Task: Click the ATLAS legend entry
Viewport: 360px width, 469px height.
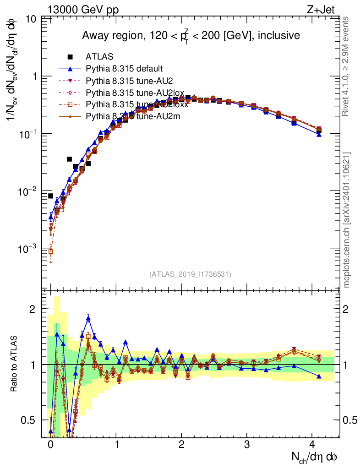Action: pos(96,57)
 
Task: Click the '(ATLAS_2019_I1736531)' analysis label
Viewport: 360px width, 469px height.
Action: pos(190,274)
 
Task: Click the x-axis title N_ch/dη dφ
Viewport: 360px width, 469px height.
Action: pos(315,457)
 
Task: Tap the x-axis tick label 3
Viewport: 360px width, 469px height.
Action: pos(247,444)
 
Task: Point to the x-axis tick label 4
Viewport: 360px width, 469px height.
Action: pos(313,444)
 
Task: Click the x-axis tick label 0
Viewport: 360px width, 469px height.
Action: pos(50,444)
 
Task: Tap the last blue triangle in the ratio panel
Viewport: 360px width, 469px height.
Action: pos(319,376)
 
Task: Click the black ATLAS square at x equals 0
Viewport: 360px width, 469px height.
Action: pos(50,196)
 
